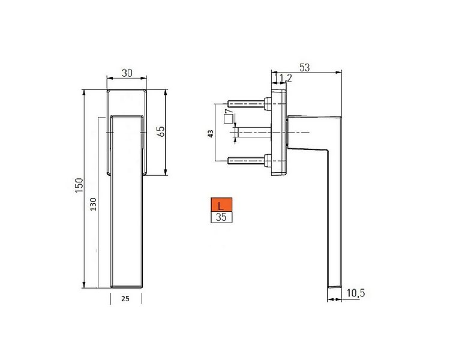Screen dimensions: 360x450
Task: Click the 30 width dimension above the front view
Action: point(127,73)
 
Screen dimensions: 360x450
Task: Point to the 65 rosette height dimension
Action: point(161,131)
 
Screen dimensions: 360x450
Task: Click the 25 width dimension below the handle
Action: point(125,298)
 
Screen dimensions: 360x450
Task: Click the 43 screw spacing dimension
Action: point(210,133)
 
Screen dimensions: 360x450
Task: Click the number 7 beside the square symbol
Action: point(228,112)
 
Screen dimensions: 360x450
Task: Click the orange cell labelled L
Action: point(221,205)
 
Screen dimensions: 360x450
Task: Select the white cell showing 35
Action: point(221,217)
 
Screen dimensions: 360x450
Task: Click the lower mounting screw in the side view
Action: point(247,160)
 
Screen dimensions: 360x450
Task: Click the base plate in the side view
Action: point(280,132)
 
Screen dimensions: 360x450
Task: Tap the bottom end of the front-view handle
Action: point(127,282)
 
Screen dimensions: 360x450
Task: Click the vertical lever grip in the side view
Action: point(334,228)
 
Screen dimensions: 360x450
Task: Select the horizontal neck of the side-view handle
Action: point(312,132)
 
